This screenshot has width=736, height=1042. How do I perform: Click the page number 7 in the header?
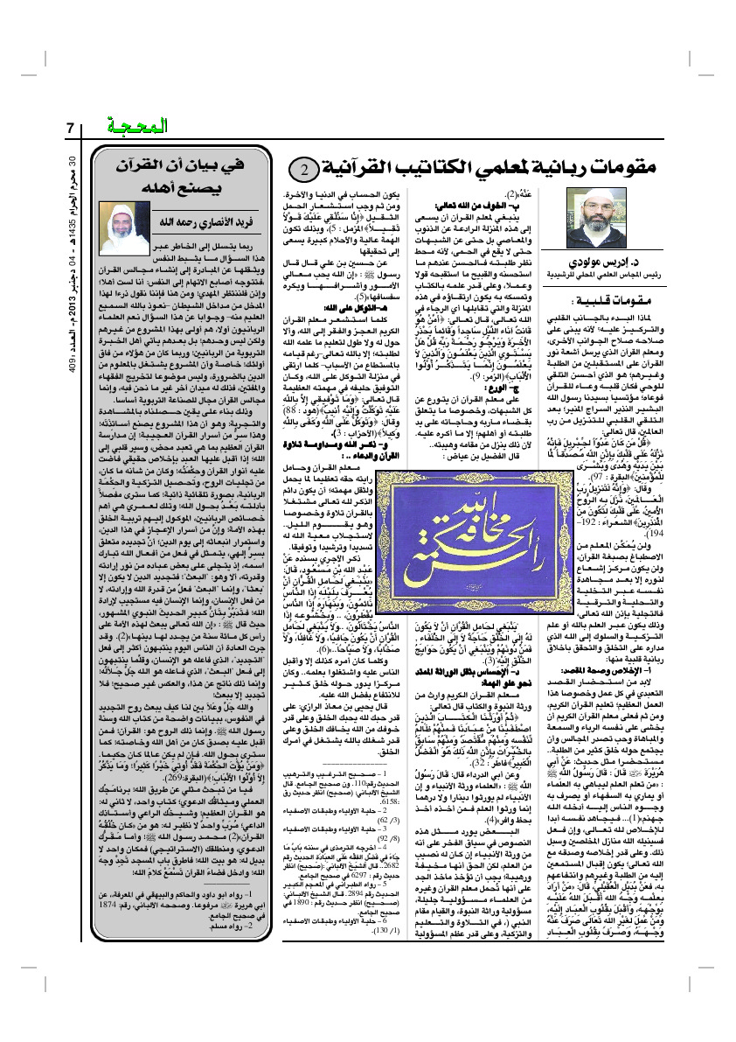coord(70,128)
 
